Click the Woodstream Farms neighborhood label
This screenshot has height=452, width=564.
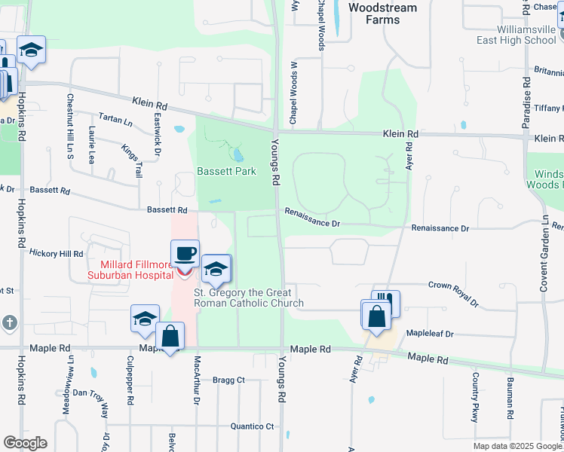[384, 13]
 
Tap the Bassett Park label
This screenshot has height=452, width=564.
[226, 171]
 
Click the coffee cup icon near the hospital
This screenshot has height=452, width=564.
[185, 254]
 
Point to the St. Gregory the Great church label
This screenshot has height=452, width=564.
[249, 298]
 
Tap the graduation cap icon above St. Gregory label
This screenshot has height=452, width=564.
[216, 270]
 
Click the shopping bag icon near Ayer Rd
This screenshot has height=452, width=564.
[375, 316]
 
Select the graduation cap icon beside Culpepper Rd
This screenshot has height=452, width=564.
[145, 319]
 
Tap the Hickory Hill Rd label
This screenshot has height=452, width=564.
[56, 255]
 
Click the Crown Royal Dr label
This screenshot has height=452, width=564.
[453, 293]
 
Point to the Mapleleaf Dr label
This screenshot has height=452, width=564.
[429, 333]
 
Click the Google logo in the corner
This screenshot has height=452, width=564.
[24, 443]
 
